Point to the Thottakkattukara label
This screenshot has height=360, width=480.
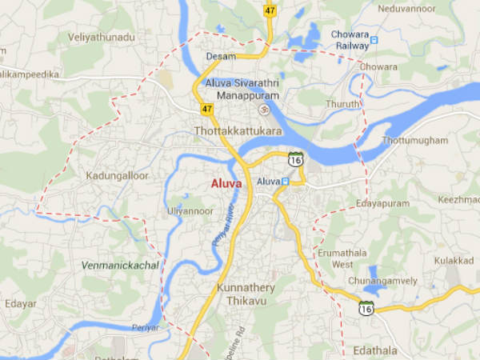click(x=236, y=130)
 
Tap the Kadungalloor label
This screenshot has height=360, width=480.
click(x=116, y=174)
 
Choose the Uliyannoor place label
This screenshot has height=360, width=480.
click(x=190, y=210)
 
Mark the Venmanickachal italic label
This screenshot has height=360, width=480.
click(x=120, y=265)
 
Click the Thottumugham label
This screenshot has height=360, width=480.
click(x=416, y=141)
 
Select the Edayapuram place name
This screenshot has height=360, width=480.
click(x=382, y=204)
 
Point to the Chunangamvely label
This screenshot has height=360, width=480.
click(x=383, y=281)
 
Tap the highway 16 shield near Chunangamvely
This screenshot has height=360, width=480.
click(x=366, y=307)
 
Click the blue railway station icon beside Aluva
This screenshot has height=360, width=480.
click(x=284, y=182)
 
